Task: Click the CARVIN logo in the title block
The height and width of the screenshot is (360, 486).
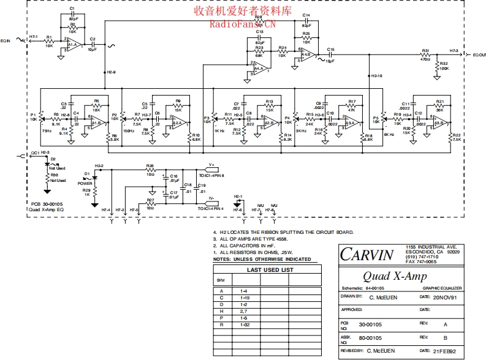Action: (x=367, y=255)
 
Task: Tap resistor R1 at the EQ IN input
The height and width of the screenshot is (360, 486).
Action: (x=49, y=41)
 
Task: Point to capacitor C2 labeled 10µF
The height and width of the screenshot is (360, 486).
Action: (x=93, y=45)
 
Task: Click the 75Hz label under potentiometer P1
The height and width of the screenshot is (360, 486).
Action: (x=47, y=130)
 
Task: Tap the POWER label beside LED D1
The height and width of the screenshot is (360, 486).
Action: (x=85, y=183)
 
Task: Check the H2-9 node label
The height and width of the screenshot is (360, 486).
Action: (x=111, y=72)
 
